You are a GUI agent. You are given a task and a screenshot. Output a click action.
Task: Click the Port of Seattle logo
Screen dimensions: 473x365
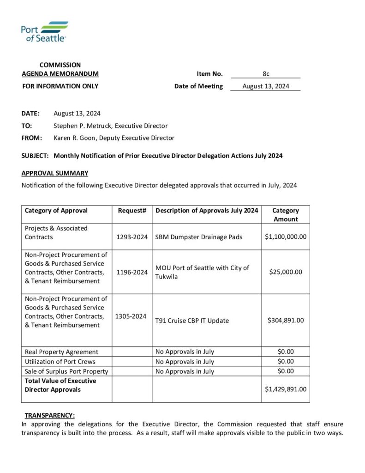coord(44,31)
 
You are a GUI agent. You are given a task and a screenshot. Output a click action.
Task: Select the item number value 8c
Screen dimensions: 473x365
coord(266,74)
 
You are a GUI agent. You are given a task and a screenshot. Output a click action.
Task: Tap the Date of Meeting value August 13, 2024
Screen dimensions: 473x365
coord(266,86)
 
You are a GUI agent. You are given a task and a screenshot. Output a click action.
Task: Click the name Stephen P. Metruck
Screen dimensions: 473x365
coord(83,126)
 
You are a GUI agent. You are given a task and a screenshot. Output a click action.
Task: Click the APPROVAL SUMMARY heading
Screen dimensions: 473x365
coord(54,173)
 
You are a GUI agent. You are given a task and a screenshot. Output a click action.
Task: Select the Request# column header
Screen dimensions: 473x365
coord(132,211)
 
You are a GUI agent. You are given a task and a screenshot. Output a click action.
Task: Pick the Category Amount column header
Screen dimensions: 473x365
coord(286,215)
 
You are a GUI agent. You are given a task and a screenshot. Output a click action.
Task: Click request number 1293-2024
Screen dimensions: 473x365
coord(132,237)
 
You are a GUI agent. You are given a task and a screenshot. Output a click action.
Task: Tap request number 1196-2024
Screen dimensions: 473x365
coord(132,272)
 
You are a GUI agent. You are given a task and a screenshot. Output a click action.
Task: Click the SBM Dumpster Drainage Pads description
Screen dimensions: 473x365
coord(199,237)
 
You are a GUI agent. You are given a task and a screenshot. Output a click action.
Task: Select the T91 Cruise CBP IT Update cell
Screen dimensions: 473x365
coord(192,321)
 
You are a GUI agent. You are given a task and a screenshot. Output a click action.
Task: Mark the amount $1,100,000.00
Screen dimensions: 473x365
coord(286,236)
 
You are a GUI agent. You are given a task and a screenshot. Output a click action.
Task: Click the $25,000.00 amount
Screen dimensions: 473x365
coord(286,272)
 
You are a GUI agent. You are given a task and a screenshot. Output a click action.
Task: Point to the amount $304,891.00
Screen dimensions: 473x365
coord(286,320)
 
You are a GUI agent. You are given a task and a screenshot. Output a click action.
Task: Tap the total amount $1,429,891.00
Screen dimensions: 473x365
coord(286,389)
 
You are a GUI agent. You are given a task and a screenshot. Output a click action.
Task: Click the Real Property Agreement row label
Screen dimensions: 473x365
coord(61,352)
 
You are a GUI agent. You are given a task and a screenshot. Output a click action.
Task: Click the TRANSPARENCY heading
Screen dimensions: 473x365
coord(49,415)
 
